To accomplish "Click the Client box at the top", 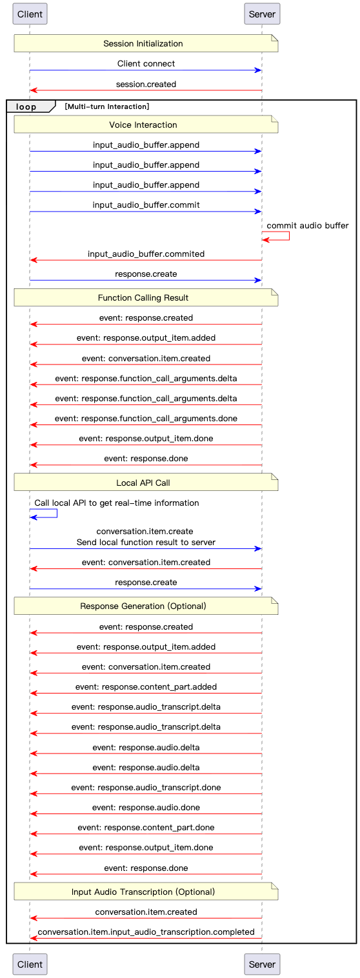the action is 30,14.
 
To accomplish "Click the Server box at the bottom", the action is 262,964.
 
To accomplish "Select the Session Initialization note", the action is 146,43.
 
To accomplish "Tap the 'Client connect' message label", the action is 146,63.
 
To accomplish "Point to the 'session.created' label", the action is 146,85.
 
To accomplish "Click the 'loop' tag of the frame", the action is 26,106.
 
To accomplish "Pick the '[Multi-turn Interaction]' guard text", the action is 107,106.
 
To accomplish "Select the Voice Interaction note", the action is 146,125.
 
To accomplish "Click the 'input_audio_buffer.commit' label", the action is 146,205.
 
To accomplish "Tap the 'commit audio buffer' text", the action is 308,225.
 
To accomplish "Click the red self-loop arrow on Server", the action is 289,235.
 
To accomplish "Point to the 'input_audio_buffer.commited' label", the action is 146,254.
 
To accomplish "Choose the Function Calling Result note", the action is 146,297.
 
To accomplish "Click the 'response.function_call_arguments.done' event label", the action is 146,418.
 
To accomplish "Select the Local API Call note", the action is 146,482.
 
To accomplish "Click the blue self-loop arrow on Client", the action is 57,514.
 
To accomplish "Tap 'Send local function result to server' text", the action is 146,543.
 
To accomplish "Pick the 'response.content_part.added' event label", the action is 146,687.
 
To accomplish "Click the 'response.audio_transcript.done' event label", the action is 146,787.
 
